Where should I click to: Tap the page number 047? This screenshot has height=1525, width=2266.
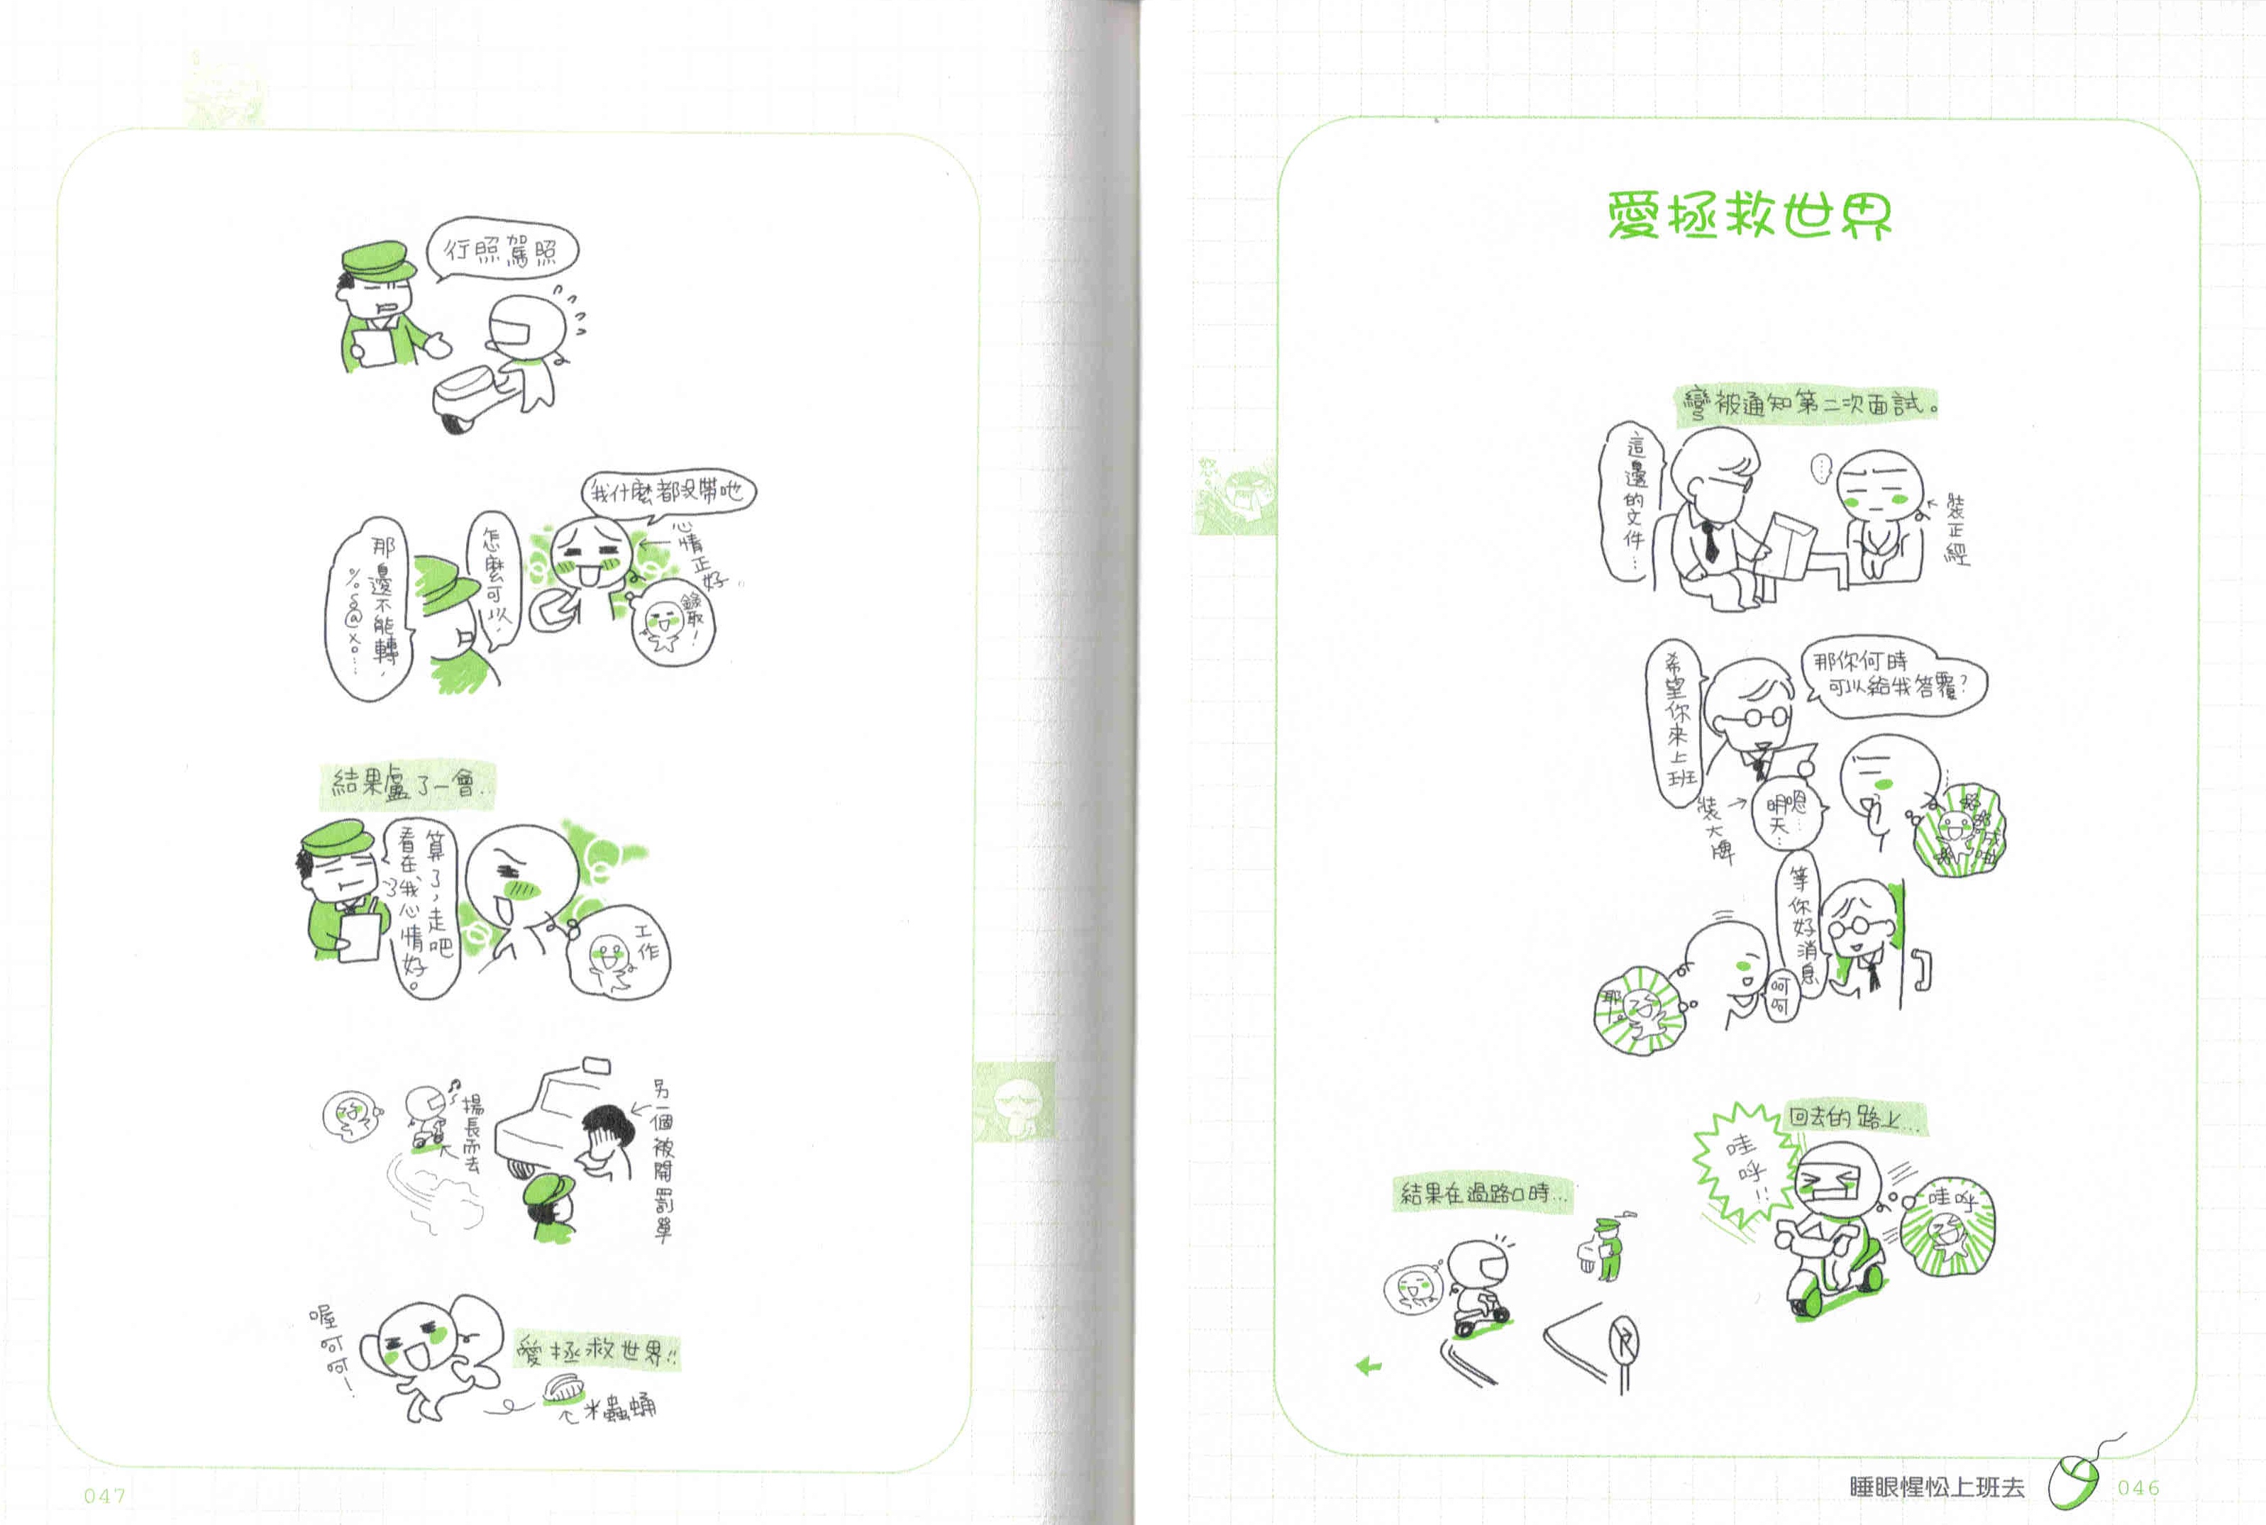pos(104,1494)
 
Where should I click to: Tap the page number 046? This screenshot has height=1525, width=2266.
pos(2138,1487)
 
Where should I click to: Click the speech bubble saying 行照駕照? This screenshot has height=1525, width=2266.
pos(502,250)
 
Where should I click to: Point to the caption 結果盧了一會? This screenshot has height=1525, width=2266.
pos(407,784)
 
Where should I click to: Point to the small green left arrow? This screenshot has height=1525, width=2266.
pos(1369,1366)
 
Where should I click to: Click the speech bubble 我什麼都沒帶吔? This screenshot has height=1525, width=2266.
pos(668,491)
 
